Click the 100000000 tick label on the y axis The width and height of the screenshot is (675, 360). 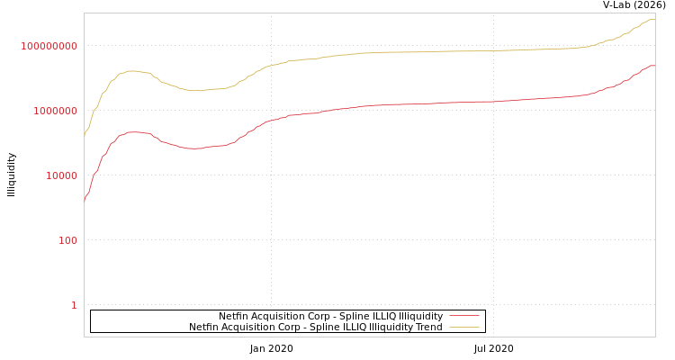click(49, 46)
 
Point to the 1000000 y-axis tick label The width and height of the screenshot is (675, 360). click(56, 111)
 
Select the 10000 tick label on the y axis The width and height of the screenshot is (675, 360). click(62, 175)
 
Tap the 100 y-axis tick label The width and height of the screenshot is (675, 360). click(68, 240)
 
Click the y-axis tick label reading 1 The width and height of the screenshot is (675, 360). click(74, 305)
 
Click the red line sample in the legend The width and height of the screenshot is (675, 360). click(463, 316)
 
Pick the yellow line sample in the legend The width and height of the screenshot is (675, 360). click(463, 327)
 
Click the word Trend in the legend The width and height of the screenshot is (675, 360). click(427, 327)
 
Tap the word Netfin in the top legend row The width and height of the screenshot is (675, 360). click(236, 316)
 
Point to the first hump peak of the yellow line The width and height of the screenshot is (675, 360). click(131, 70)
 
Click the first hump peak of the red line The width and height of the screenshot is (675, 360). click(133, 131)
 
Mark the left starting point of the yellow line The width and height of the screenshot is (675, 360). click(85, 135)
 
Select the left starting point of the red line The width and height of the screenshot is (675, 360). click(85, 200)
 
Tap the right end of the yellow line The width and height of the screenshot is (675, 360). click(654, 19)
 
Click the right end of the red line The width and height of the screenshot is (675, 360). click(654, 65)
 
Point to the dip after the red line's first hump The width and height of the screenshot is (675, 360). click(193, 148)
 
